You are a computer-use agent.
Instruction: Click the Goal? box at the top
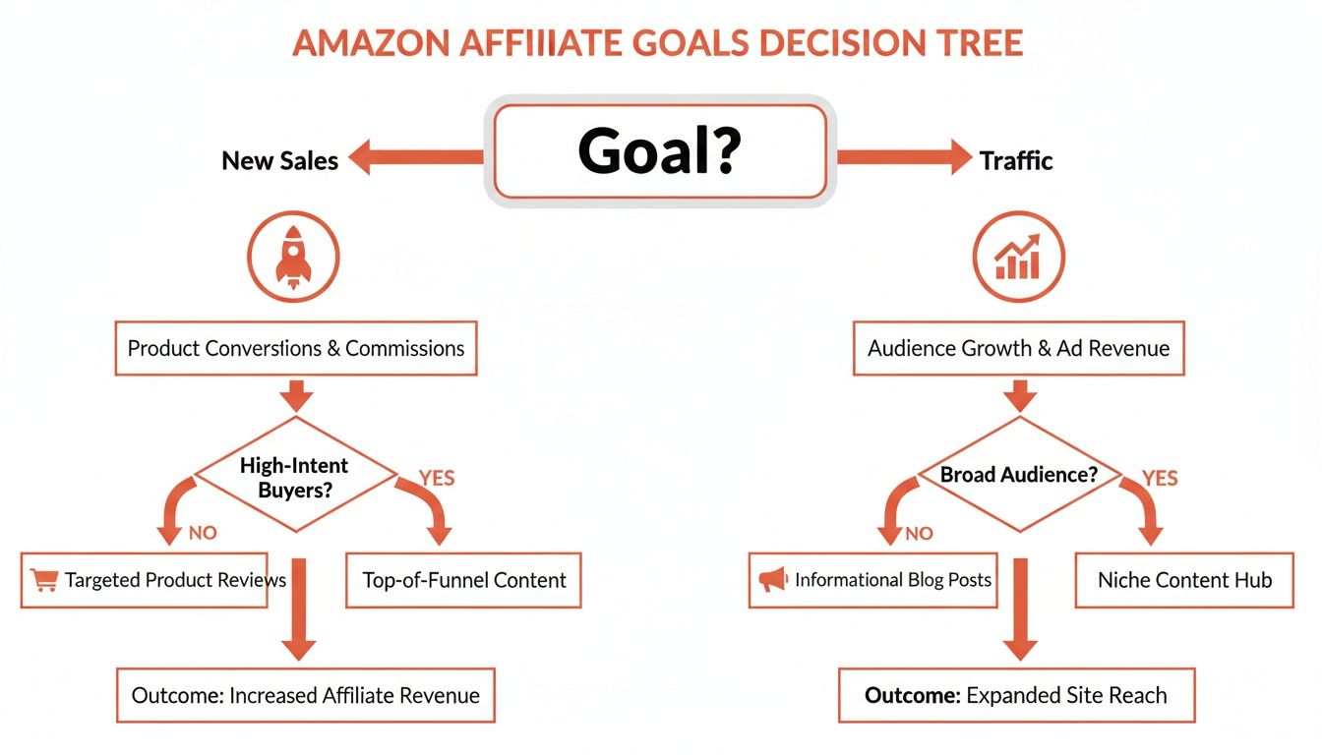tap(659, 152)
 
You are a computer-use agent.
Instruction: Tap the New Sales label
tap(279, 160)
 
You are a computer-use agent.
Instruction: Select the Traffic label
tap(1016, 160)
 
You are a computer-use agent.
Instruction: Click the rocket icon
tap(294, 256)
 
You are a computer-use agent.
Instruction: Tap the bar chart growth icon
tap(1018, 256)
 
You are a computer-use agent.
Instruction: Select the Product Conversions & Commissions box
tap(296, 348)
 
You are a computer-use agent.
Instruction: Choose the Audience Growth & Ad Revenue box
tap(1018, 348)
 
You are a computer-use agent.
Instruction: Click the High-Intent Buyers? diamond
tap(295, 476)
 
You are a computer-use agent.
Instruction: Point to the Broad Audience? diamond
tap(1018, 476)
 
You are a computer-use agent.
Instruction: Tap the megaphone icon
tap(773, 580)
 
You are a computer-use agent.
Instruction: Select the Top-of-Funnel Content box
tap(464, 580)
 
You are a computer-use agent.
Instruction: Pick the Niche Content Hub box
tap(1184, 580)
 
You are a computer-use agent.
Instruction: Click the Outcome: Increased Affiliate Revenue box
tap(305, 696)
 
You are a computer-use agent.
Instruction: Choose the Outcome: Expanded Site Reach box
tap(1016, 696)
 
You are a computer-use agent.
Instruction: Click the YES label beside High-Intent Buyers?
tap(437, 478)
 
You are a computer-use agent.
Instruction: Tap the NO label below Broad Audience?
tap(919, 534)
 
